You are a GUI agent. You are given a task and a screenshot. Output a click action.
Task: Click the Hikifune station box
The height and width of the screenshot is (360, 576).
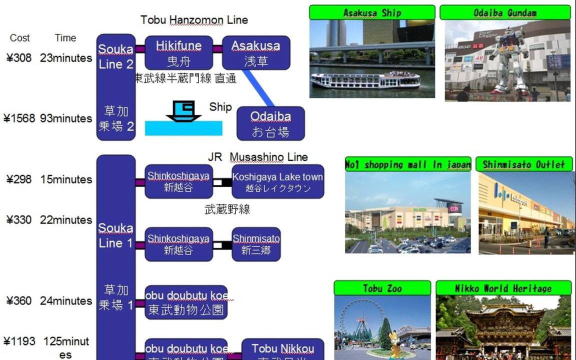click(x=178, y=52)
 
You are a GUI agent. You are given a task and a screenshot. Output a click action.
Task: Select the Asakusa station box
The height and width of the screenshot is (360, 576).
click(x=255, y=52)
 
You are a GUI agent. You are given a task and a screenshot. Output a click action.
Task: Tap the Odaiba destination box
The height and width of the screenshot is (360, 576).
click(x=270, y=123)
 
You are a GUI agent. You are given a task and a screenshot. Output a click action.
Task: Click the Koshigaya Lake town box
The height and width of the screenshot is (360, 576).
click(x=277, y=181)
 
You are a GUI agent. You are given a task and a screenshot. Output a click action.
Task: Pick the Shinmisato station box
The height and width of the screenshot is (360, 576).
click(x=256, y=243)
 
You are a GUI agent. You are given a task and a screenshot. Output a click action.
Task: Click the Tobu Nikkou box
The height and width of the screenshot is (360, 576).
click(x=282, y=350)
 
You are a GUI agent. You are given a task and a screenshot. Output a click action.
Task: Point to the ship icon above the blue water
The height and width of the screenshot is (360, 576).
click(x=183, y=110)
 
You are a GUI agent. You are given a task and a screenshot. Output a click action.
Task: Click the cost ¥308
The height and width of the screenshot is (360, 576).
click(x=18, y=58)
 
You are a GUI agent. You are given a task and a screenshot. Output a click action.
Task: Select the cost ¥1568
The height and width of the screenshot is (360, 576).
click(x=19, y=118)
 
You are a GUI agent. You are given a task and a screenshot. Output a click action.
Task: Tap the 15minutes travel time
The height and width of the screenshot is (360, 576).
click(x=66, y=179)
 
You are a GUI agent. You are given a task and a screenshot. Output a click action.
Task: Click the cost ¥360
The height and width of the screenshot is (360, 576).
click(x=18, y=301)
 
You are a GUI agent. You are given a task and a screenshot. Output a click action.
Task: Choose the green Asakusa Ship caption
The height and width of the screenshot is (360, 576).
click(x=372, y=12)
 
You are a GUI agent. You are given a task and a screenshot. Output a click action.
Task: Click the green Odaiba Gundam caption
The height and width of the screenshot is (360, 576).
click(x=505, y=12)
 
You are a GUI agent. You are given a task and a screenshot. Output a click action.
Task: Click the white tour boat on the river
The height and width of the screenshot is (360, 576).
click(x=365, y=80)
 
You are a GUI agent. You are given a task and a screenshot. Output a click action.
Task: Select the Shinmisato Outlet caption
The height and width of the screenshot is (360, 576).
click(x=523, y=164)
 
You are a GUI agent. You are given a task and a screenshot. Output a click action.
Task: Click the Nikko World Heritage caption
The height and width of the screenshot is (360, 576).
click(x=503, y=288)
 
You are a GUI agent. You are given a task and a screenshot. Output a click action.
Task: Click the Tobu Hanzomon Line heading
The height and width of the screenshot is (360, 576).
click(x=194, y=20)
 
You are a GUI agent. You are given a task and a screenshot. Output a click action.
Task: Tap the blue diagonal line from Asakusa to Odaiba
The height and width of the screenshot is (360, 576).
click(x=258, y=87)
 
